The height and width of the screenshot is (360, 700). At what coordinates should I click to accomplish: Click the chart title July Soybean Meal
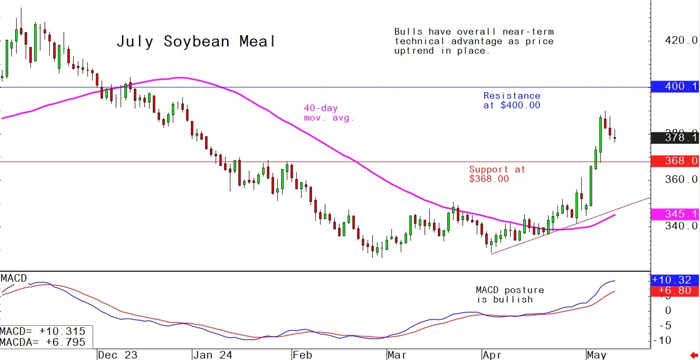pyautogui.click(x=196, y=41)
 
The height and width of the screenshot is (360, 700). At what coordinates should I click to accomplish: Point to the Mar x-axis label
pyautogui.click(x=397, y=355)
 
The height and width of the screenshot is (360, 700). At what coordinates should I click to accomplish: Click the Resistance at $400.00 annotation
pyautogui.click(x=512, y=100)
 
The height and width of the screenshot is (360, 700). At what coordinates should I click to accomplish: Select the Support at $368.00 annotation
pyautogui.click(x=497, y=174)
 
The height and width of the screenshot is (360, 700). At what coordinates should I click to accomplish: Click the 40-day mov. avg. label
pyautogui.click(x=329, y=113)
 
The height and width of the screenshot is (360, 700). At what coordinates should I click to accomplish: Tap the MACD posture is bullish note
pyautogui.click(x=510, y=295)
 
